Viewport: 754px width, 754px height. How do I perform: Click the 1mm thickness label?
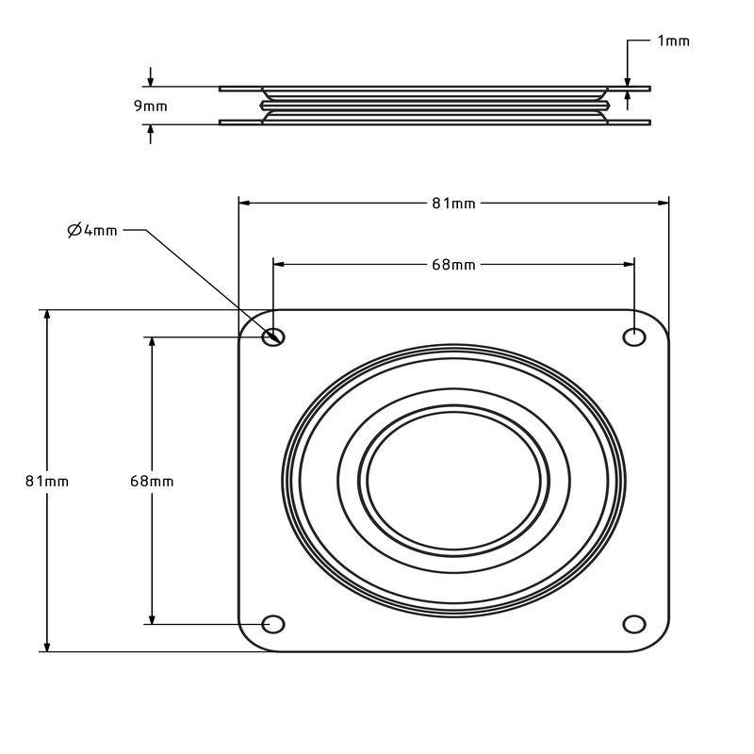(x=673, y=41)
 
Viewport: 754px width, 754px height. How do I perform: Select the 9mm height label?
(x=151, y=106)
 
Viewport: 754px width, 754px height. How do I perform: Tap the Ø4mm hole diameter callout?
(x=92, y=231)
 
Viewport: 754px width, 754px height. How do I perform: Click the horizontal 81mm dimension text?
(x=453, y=204)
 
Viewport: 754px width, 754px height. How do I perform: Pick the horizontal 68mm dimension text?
(x=453, y=265)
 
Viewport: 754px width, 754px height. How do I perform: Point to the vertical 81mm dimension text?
(x=47, y=481)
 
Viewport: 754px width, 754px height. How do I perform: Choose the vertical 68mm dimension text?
(x=152, y=481)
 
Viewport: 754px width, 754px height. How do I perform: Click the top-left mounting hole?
(x=273, y=336)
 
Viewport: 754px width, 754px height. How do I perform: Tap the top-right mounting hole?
(x=634, y=336)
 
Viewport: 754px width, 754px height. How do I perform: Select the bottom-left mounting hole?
(x=273, y=624)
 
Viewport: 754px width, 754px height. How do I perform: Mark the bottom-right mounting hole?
(x=634, y=624)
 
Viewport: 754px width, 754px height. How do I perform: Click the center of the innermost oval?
(x=453, y=481)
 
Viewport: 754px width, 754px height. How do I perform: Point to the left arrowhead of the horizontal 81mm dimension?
(x=244, y=203)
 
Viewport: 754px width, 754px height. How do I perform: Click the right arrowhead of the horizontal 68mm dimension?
(x=629, y=264)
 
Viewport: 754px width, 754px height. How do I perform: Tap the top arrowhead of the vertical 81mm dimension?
(x=47, y=316)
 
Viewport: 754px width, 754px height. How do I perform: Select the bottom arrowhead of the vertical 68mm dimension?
(x=152, y=619)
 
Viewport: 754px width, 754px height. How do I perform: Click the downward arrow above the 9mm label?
(x=151, y=77)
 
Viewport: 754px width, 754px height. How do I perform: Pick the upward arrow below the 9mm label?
(x=151, y=134)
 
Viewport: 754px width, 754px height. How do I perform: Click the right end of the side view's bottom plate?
(x=650, y=123)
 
